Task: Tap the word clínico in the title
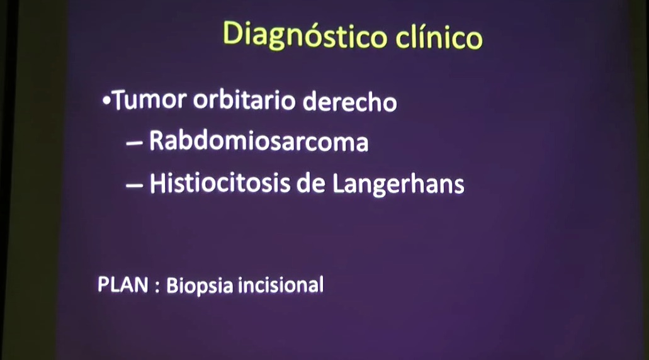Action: [439, 37]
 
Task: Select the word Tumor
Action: [150, 101]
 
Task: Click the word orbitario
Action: [244, 100]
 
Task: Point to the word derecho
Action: [350, 101]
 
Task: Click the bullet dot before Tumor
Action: [107, 101]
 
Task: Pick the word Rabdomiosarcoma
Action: [259, 141]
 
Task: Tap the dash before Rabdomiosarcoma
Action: [135, 143]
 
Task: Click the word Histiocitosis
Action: [220, 183]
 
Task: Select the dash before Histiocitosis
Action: [135, 186]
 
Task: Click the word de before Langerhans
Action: [311, 183]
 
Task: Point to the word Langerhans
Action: [398, 184]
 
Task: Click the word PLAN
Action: [123, 285]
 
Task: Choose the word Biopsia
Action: [200, 286]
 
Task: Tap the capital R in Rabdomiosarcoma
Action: [157, 141]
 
